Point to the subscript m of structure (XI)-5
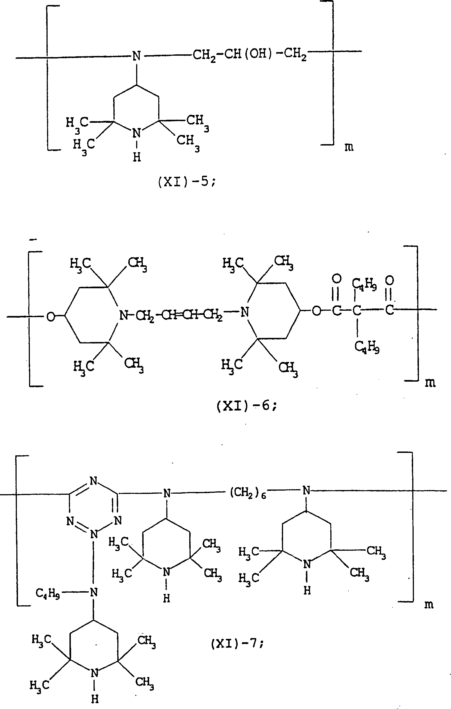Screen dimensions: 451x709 [349, 147]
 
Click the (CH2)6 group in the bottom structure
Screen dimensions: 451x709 [248, 493]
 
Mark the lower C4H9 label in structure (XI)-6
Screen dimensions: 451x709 [367, 348]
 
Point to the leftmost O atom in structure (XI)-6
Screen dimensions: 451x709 [51, 317]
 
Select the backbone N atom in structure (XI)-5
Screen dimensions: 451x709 [136, 56]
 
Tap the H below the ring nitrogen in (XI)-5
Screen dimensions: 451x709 [137, 157]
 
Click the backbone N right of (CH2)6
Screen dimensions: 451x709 [306, 491]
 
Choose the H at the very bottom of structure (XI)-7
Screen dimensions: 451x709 [94, 699]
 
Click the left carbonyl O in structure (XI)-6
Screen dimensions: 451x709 [336, 278]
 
